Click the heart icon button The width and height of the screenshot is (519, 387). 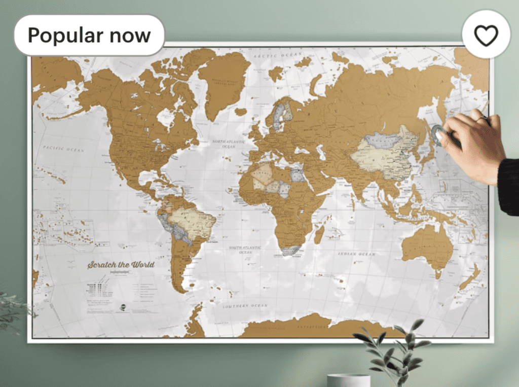pos(486,35)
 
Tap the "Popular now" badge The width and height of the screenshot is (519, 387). pos(89,36)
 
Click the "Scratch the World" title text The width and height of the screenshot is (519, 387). pos(121,265)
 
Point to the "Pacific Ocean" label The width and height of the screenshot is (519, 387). pos(63,149)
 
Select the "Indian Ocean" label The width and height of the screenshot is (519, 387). pos(356,253)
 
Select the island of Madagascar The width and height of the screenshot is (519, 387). pos(319,234)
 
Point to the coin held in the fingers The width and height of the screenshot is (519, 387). pos(437,134)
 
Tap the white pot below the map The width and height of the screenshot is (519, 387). pos(348,380)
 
